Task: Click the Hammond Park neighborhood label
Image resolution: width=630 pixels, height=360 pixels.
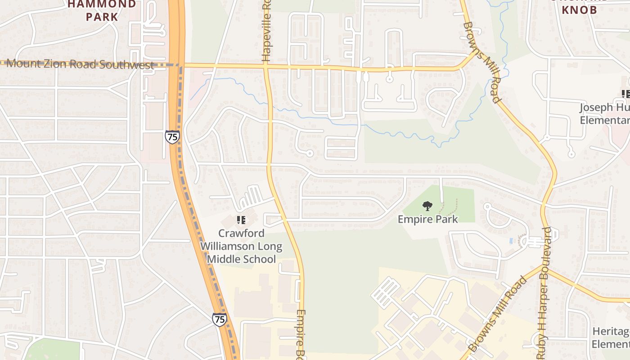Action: pos(102,11)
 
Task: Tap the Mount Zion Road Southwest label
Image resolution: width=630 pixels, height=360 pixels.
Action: pos(81,64)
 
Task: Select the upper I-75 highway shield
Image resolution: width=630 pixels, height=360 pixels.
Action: pos(172,137)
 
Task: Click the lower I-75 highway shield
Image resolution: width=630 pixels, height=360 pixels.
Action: pos(219,319)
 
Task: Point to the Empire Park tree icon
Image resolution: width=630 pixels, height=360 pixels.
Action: pos(427,206)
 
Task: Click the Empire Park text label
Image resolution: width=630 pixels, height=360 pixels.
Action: pos(427,219)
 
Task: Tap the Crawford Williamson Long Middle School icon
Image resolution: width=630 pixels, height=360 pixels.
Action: pos(241,220)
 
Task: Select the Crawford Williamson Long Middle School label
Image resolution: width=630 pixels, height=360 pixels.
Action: pos(241,246)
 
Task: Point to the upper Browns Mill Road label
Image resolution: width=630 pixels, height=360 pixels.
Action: pos(481,63)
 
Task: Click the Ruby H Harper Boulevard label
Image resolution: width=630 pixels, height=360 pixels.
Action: pos(543,288)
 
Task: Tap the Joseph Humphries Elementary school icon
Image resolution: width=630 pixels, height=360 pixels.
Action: pos(625,94)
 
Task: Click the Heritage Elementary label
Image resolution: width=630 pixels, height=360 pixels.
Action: pos(611,338)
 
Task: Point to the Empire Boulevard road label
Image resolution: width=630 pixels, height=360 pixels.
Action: pos(301,334)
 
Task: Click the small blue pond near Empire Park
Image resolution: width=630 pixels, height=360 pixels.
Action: pos(511,241)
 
